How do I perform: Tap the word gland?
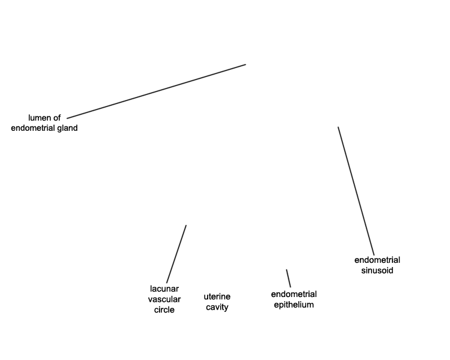pyautogui.click(x=66, y=128)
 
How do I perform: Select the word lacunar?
pyautogui.click(x=164, y=289)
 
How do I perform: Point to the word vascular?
pyautogui.click(x=164, y=299)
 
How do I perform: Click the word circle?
pyautogui.click(x=164, y=310)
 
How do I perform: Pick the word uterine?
pyautogui.click(x=217, y=296)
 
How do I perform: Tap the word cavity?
pyautogui.click(x=217, y=307)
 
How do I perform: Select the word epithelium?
pyautogui.click(x=294, y=305)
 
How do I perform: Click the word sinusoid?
pyautogui.click(x=377, y=271)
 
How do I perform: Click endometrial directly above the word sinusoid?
pyautogui.click(x=377, y=260)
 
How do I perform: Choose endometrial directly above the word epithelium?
pyautogui.click(x=294, y=294)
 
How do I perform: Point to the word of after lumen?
pyautogui.click(x=57, y=118)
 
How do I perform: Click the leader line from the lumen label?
pyautogui.click(x=156, y=91)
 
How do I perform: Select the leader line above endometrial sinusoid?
pyautogui.click(x=356, y=191)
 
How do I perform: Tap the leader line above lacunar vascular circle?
pyautogui.click(x=176, y=253)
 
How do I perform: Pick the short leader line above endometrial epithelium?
pyautogui.click(x=289, y=278)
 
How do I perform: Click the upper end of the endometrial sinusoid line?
pyautogui.click(x=338, y=127)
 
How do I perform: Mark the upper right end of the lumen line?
pyautogui.click(x=245, y=64)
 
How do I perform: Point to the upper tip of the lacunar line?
pyautogui.click(x=186, y=226)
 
